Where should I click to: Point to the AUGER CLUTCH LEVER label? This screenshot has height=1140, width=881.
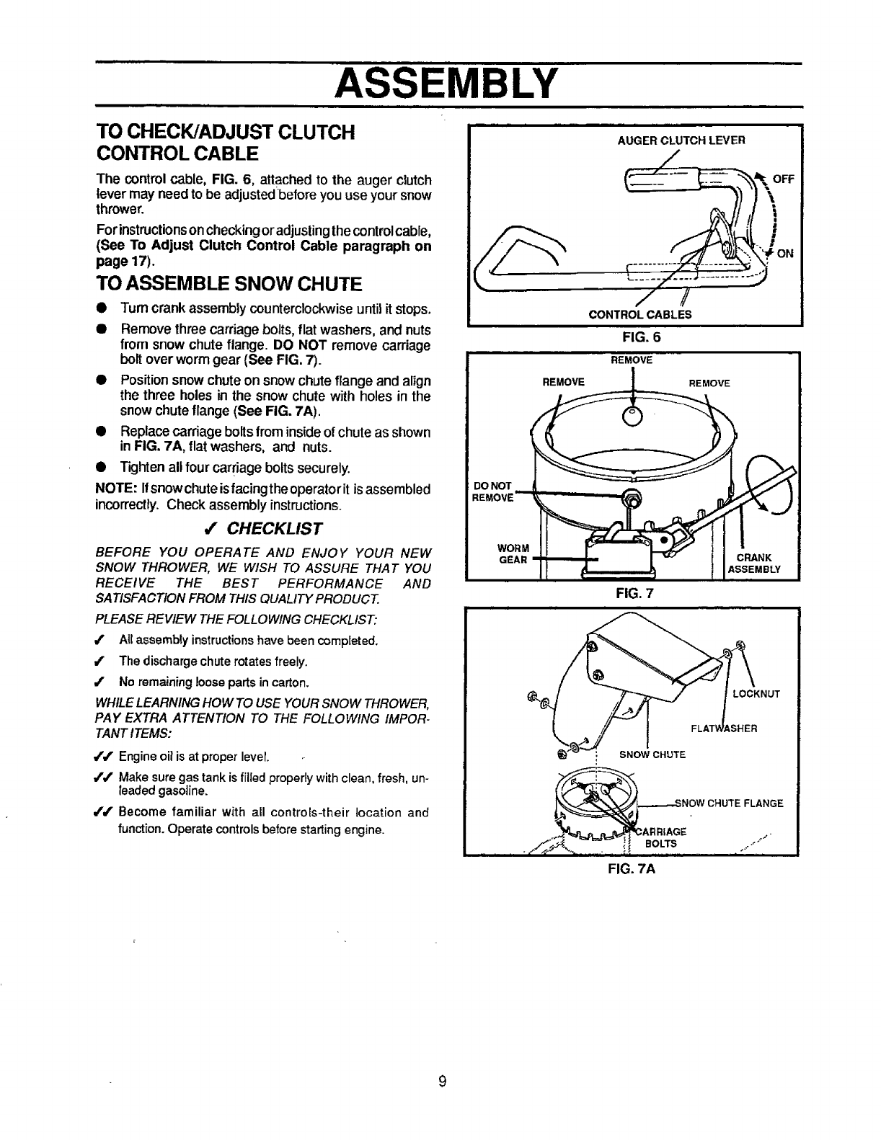pos(681,141)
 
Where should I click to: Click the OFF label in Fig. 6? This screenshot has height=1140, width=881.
pos(782,181)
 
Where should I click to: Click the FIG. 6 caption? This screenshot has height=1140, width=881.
pos(636,336)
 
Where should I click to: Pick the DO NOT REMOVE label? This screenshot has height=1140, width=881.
pos(492,491)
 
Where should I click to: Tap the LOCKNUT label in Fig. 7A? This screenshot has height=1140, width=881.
pos(756,695)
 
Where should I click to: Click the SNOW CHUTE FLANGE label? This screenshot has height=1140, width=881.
pos(730,803)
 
